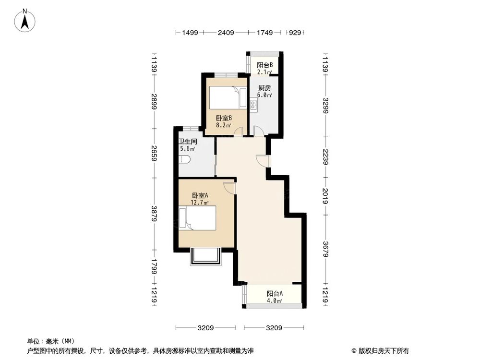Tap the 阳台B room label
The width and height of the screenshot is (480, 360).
coord(264,65)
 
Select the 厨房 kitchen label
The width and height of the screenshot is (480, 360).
coord(264,88)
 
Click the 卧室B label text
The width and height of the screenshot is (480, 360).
coord(224,118)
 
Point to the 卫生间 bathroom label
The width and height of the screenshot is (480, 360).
coord(188,142)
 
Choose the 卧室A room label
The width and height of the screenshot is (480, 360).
coord(200,195)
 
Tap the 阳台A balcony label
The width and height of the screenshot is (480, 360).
coord(275,294)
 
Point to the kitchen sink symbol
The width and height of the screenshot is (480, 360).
coord(252,103)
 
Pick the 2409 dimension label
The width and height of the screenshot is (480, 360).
coord(226,33)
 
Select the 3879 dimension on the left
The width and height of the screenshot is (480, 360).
coord(154,214)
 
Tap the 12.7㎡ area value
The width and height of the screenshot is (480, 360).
coord(200,203)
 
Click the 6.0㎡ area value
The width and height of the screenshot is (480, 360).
coord(264,96)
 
